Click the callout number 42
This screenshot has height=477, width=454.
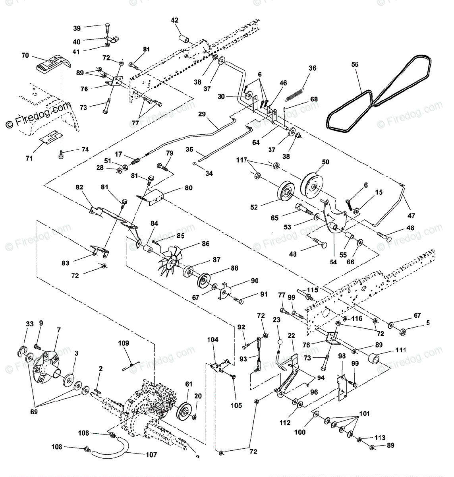pos(175,20)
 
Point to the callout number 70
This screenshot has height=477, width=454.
pos(25,56)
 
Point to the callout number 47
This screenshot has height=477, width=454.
pos(411,216)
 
